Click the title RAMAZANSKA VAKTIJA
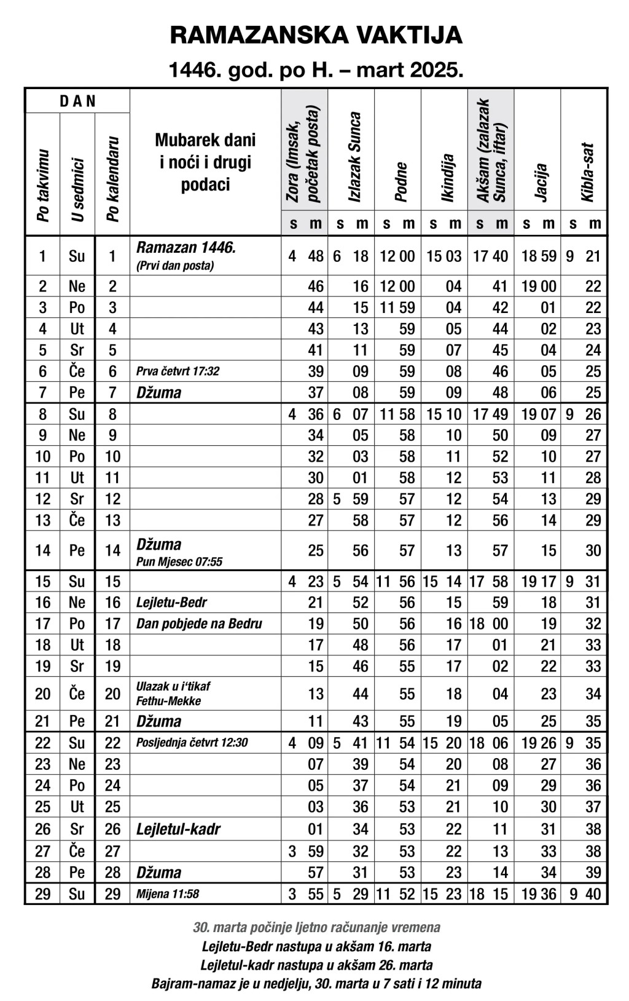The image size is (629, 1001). [316, 35]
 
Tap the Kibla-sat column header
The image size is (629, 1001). [587, 172]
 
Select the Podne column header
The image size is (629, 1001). [400, 181]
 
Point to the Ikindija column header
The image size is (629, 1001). [447, 178]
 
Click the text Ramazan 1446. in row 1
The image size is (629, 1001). [186, 248]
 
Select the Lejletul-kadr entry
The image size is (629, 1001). [178, 829]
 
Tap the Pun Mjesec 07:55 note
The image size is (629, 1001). [179, 561]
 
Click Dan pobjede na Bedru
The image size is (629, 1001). [199, 623]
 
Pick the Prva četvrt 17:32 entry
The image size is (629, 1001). [178, 371]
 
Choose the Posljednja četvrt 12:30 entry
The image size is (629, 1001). [192, 743]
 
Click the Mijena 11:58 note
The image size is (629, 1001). [168, 894]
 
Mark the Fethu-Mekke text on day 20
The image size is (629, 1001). [168, 701]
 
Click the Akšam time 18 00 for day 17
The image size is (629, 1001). [489, 623]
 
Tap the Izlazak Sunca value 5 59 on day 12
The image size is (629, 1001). [351, 499]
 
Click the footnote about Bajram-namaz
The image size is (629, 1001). [316, 983]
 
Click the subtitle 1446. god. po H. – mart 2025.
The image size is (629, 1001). [316, 71]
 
